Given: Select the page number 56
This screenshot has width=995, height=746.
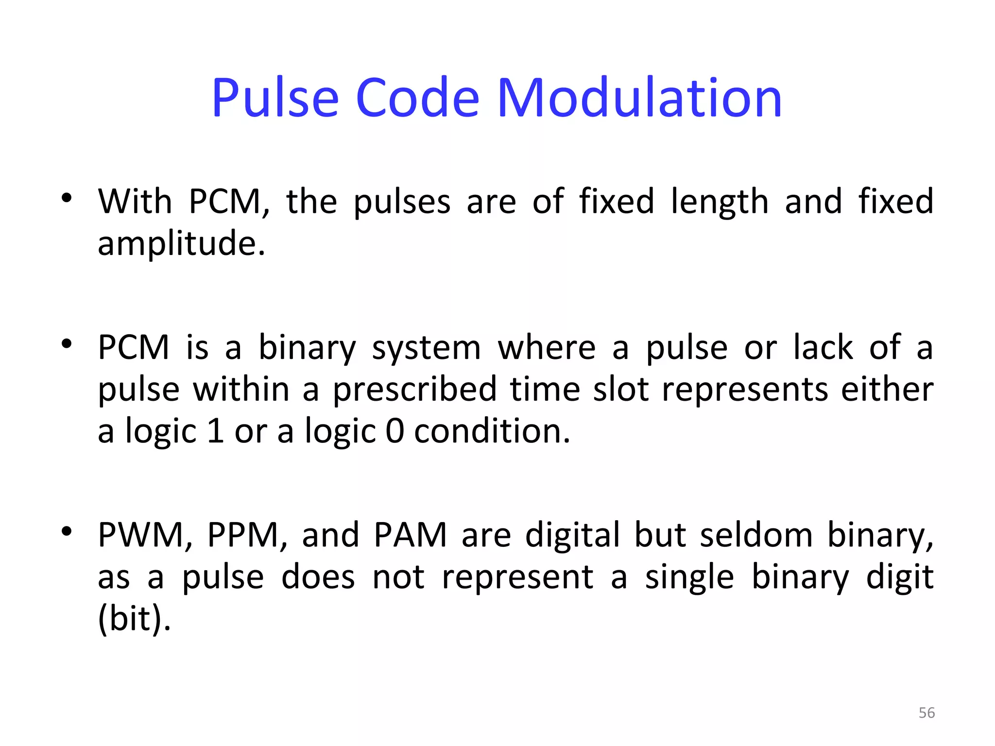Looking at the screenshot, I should tap(926, 712).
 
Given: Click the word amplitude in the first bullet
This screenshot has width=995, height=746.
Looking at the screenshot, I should tap(181, 244).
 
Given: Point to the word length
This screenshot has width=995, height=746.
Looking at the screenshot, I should tap(720, 202).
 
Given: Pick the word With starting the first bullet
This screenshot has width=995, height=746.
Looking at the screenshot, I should tap(135, 201).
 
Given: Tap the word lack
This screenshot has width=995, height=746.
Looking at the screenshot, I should tap(823, 348).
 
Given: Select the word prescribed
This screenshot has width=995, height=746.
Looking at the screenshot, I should tap(414, 390).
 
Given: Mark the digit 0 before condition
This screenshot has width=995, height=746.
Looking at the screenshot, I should tap(395, 431).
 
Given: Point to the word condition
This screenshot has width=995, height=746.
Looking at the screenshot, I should tap(492, 431).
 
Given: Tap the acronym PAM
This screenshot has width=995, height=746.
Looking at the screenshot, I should tap(410, 535).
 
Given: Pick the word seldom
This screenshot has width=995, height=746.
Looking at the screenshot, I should tap(756, 535).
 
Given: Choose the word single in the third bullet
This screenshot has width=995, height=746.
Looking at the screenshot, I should tap(689, 577).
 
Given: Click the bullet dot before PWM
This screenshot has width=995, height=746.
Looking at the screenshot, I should tap(67, 531).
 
